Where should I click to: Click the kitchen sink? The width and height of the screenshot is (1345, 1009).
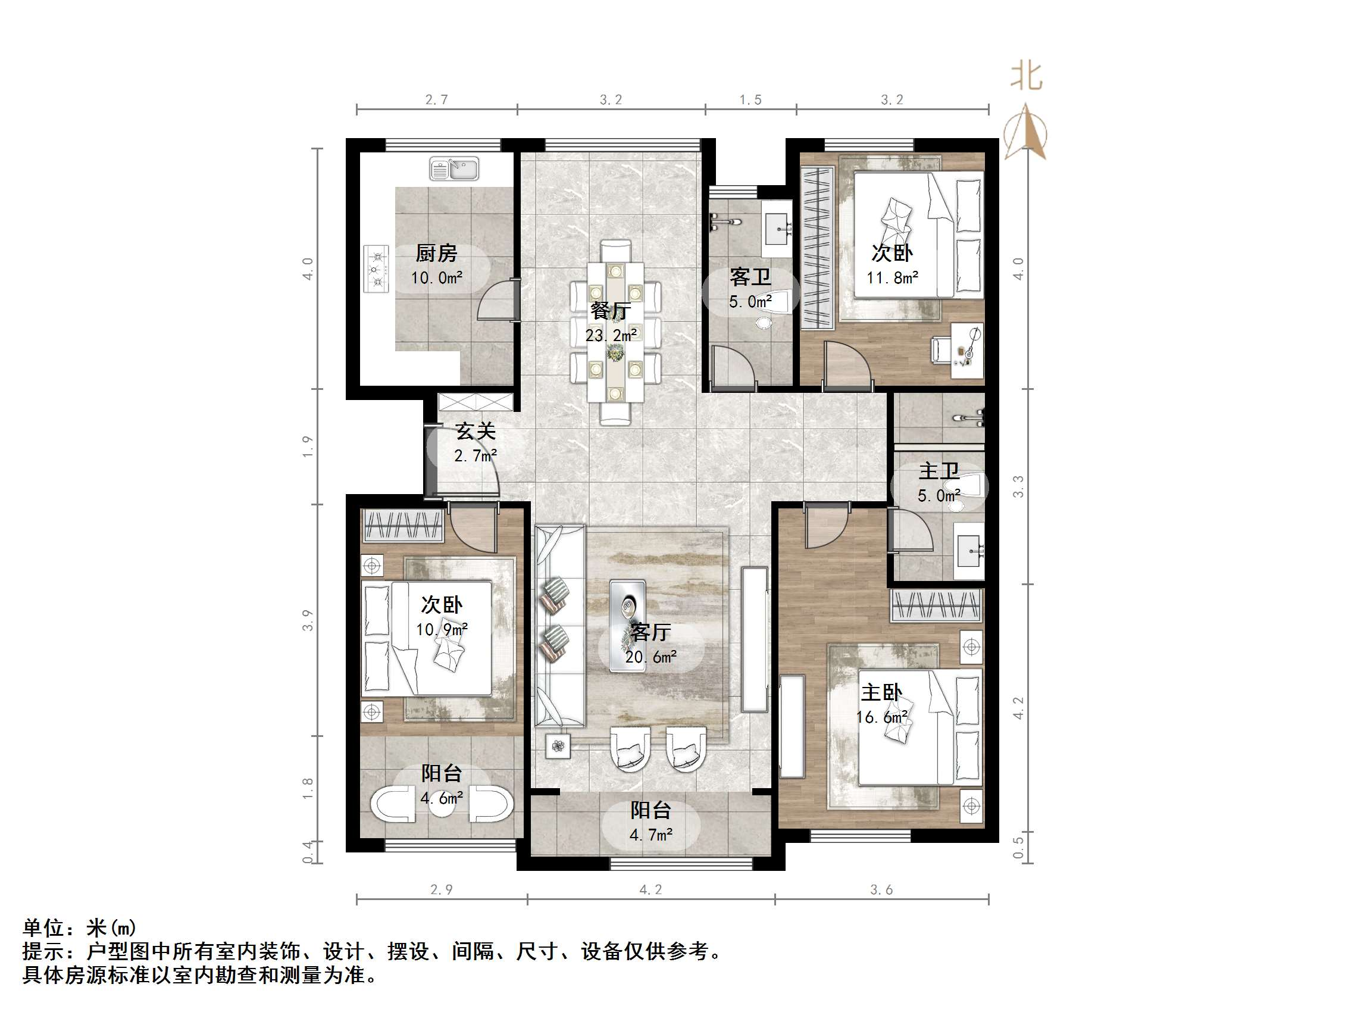point(454,168)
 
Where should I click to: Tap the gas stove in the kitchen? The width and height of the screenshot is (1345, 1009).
point(376,268)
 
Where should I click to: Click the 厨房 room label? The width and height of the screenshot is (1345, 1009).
point(436,252)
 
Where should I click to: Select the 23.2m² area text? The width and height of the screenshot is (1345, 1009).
point(611,335)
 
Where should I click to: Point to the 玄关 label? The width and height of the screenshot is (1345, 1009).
point(476,431)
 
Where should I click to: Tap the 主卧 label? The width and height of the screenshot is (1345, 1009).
point(881,692)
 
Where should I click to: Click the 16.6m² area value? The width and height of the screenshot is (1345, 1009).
point(881,718)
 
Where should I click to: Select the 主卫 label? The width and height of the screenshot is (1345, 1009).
point(939,470)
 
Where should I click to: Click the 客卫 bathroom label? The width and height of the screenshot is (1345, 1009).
point(750,277)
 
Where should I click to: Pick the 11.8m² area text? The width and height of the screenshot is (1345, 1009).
point(892,278)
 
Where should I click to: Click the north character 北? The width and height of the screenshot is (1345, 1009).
point(1027,77)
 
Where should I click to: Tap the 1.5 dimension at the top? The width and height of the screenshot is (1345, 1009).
point(750,100)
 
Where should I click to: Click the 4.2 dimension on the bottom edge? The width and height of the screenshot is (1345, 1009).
point(650,890)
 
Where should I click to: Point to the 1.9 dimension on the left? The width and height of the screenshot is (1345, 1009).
point(308,446)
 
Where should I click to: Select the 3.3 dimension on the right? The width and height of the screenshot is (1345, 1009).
point(1018,486)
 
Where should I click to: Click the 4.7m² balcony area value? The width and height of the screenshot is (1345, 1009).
point(650,835)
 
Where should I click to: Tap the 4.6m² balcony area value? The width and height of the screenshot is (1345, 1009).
point(442,797)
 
